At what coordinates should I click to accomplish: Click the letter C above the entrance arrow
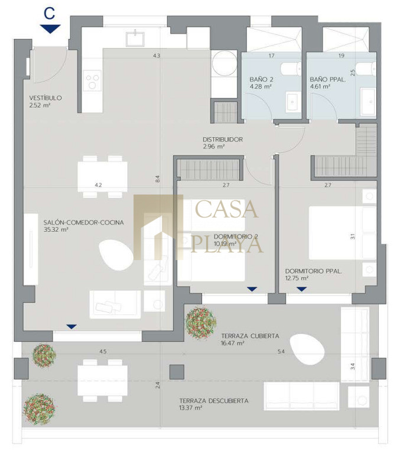50,14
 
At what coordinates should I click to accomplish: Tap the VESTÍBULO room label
45,98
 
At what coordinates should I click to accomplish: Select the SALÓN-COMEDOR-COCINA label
84,222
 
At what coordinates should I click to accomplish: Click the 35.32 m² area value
56,229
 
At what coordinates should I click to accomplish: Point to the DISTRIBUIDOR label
223,140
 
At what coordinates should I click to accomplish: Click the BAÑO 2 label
261,79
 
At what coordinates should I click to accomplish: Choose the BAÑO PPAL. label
327,79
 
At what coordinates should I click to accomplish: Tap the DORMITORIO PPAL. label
313,271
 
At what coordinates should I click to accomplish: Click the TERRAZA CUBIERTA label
250,336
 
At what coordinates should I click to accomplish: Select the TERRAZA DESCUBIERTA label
214,401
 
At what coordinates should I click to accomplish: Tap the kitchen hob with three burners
92,80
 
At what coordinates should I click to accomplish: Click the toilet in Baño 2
291,69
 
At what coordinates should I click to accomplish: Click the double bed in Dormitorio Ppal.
343,233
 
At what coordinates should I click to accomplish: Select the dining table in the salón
102,177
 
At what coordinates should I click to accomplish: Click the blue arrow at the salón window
71,326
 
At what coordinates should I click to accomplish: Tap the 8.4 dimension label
157,179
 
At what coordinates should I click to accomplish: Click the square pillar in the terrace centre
177,372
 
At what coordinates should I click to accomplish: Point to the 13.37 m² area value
191,408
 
